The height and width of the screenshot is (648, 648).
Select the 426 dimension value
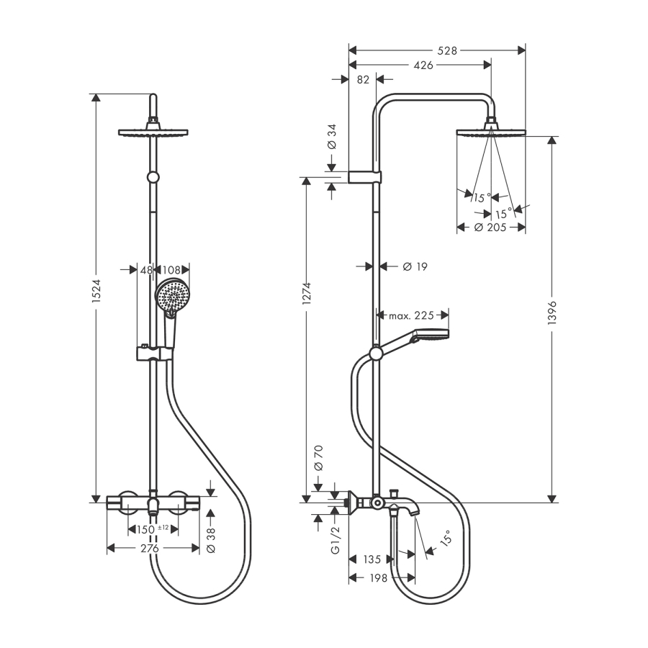pyautogui.click(x=424, y=65)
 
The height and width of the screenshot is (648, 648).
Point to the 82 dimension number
pyautogui.click(x=363, y=80)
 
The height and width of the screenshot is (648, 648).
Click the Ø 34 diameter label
pyautogui.click(x=331, y=135)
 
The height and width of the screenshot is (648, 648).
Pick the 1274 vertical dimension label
pyautogui.click(x=307, y=294)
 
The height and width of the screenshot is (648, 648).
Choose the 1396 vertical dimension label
pyautogui.click(x=552, y=312)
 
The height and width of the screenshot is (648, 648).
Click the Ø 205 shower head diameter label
pyautogui.click(x=491, y=228)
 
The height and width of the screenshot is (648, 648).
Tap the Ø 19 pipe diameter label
pyautogui.click(x=415, y=266)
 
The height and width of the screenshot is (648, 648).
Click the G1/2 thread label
pyautogui.click(x=334, y=540)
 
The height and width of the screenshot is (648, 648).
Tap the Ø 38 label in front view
pyautogui.click(x=211, y=539)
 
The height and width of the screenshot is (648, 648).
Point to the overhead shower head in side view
pyautogui.click(x=492, y=132)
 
